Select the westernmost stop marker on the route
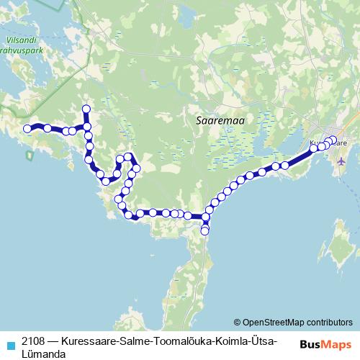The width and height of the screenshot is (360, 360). [28, 129]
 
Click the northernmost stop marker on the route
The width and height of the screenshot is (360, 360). [86, 109]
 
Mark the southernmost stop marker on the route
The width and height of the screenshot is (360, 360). [205, 231]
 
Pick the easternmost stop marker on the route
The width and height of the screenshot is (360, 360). [333, 140]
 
